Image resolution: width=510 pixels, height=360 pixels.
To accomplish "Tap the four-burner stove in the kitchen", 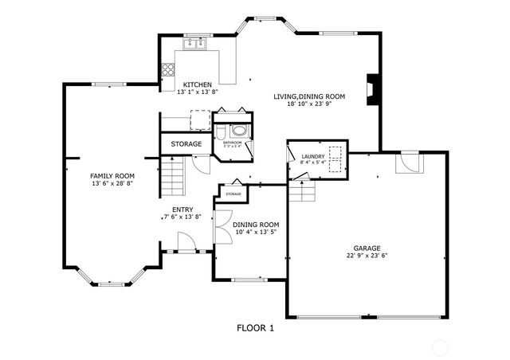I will (x=168, y=69).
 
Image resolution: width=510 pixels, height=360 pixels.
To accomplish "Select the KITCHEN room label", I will (x=197, y=84).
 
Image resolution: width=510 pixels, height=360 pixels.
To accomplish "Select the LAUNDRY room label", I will (x=312, y=156).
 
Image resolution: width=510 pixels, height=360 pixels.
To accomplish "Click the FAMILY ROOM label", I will (x=112, y=175).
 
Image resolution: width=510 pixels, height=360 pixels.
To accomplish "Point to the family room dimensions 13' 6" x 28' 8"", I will (x=112, y=183).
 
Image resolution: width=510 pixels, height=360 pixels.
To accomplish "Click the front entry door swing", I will (x=186, y=240).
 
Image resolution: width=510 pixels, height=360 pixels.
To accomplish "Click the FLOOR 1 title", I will (x=256, y=327).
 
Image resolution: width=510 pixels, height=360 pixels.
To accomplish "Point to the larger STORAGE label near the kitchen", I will (x=186, y=144).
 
